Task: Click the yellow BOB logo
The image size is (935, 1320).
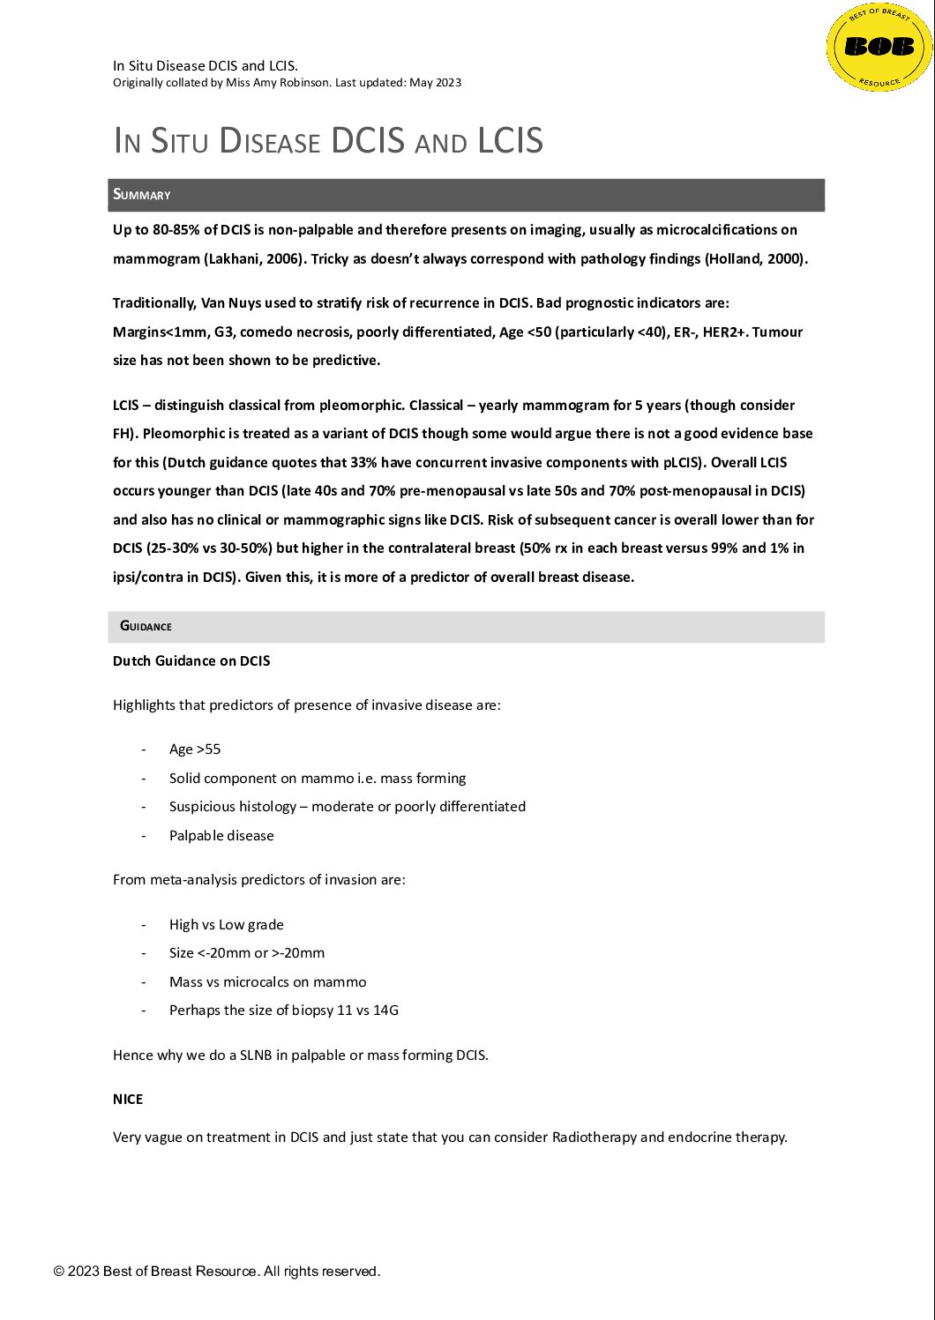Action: coord(879,47)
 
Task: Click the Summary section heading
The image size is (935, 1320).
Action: coord(142,195)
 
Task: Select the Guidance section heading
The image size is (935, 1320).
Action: coord(146,626)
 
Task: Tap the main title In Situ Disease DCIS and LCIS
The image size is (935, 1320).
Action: coord(328,141)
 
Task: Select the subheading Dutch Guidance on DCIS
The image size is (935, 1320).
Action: coord(191,661)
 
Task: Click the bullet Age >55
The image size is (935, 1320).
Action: coord(195,749)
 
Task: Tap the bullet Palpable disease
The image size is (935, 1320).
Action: coord(221,836)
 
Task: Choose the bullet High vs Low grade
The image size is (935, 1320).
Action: coord(227,925)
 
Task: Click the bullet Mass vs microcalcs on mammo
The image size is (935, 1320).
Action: coord(267,982)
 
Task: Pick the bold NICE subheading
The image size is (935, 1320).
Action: coord(128,1100)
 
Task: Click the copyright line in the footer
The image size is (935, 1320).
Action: coord(217,1272)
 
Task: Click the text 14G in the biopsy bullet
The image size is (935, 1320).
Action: coord(386,1011)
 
